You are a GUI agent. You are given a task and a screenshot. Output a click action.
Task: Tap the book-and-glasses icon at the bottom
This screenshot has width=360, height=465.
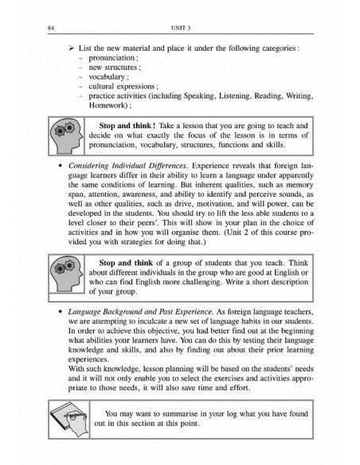(x=68, y=419)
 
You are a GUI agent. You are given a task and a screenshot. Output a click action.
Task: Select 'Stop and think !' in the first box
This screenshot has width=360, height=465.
(x=131, y=125)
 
